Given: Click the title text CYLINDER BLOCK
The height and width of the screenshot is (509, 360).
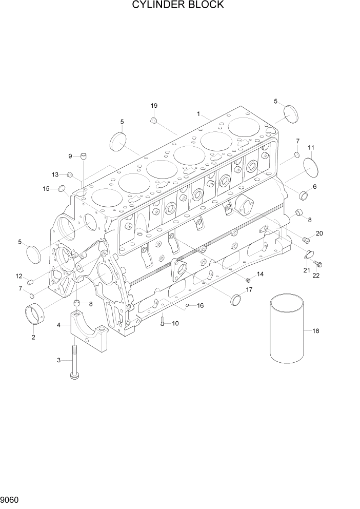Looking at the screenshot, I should tap(177, 5).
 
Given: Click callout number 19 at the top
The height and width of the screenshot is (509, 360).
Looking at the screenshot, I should tap(154, 106).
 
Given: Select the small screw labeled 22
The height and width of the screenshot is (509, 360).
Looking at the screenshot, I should tap(318, 264).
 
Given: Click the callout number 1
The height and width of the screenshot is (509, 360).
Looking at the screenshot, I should tap(198, 113).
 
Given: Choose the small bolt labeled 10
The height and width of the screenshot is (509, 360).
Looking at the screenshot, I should tap(163, 322).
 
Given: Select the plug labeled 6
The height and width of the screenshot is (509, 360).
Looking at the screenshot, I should tap(303, 195).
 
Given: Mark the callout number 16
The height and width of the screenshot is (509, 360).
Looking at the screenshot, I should tap(201, 305).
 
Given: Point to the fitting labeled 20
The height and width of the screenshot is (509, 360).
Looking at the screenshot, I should tap(307, 239).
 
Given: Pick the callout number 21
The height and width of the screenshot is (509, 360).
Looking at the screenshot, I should tap(306, 270).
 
